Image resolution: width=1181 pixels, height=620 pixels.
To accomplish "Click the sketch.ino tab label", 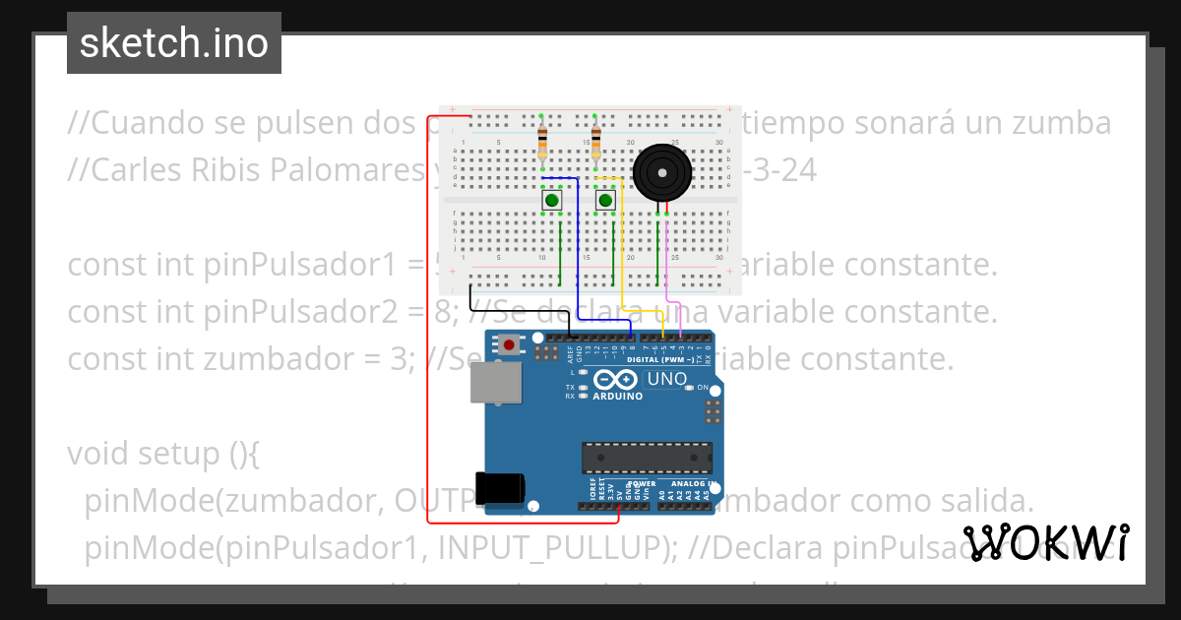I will [x=174, y=43].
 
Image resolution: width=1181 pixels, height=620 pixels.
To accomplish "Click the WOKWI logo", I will [x=1045, y=542].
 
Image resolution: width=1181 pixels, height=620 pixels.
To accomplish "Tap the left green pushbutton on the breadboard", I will [x=552, y=201].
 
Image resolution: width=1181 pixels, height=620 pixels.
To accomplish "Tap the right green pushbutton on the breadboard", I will [x=605, y=201].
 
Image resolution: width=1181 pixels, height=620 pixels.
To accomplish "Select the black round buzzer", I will [x=662, y=173].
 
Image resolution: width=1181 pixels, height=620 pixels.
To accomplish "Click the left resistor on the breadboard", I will [x=542, y=142].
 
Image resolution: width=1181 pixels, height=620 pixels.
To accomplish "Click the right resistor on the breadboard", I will [x=595, y=142].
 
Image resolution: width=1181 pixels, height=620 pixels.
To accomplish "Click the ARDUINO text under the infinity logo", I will [x=618, y=396].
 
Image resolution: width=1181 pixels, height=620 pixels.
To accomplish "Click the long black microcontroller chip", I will [x=646, y=458].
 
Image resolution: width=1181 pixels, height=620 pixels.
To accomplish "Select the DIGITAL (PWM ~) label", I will [x=670, y=360].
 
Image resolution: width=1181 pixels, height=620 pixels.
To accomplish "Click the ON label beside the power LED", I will [x=703, y=388].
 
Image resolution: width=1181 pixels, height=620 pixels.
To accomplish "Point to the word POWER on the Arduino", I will [x=642, y=484].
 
